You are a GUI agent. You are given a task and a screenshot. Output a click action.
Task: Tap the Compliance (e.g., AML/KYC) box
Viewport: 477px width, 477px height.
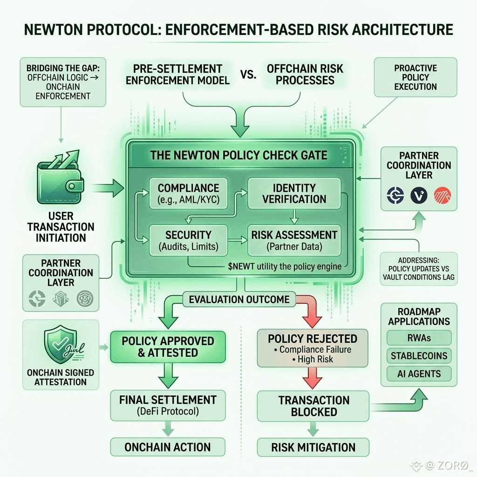[188, 193]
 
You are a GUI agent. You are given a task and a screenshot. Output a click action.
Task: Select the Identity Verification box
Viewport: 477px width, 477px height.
[294, 193]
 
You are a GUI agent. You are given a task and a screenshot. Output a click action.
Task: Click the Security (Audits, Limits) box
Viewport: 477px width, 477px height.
[188, 240]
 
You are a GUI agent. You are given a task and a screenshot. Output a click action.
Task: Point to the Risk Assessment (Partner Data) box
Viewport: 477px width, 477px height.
[294, 240]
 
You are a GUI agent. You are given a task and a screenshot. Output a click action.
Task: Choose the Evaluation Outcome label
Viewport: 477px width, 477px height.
[239, 300]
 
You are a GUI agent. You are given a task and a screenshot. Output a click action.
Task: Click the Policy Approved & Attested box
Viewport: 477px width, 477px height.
[168, 347]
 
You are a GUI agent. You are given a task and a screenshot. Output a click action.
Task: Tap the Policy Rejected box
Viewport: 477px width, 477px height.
[313, 348]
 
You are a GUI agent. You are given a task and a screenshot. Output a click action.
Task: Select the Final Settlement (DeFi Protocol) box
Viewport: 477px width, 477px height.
[168, 406]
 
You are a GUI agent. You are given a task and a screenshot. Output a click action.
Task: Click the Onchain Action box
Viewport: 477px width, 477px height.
[168, 447]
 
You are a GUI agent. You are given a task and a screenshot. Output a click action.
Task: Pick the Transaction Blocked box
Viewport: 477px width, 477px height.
[313, 406]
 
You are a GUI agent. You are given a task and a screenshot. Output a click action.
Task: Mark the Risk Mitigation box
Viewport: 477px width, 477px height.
[313, 447]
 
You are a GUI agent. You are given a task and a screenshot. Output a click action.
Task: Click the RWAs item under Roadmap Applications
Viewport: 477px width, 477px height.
[419, 338]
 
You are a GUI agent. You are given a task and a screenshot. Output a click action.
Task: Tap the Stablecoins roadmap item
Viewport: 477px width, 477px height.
[419, 355]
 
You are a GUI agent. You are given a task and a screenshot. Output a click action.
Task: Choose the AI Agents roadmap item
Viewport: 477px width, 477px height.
[419, 374]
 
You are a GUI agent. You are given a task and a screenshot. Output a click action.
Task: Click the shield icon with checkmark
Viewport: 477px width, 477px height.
[61, 344]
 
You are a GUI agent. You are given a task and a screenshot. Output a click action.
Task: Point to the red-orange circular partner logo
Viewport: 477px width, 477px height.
[443, 195]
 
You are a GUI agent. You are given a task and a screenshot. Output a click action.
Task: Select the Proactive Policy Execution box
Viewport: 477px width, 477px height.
[416, 77]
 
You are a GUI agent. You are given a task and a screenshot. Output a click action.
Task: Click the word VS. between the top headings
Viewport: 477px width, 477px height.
[248, 75]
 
